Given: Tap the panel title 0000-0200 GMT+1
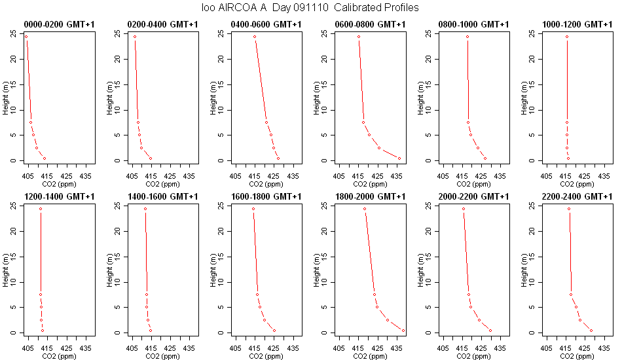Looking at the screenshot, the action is pyautogui.click(x=60, y=25).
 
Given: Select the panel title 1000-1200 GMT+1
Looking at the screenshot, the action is pyautogui.click(x=577, y=25).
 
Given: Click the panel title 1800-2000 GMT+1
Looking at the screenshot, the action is pyautogui.click(x=370, y=196).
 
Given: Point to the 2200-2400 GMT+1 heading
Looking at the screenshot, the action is pyautogui.click(x=577, y=196).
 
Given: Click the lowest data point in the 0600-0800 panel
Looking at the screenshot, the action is pyautogui.click(x=399, y=158).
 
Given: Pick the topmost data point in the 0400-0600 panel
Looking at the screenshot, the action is pyautogui.click(x=255, y=37).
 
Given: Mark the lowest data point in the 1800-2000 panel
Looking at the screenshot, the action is pyautogui.click(x=403, y=331).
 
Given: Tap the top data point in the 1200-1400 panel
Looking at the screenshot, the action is pyautogui.click(x=41, y=209).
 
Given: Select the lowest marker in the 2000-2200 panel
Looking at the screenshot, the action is pyautogui.click(x=490, y=331).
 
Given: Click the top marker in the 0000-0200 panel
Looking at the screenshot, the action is pyautogui.click(x=26, y=37).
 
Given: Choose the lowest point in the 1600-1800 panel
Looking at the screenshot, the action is pyautogui.click(x=274, y=331).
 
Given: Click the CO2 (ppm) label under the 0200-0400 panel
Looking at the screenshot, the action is pyautogui.click(x=162, y=184).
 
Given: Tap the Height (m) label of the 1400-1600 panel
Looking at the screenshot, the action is pyautogui.click(x=109, y=270).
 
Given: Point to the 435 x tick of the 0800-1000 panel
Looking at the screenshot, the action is pyautogui.click(x=500, y=176).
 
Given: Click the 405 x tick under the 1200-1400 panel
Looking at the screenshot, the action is pyautogui.click(x=28, y=348).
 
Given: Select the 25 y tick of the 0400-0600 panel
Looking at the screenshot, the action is pyautogui.click(x=221, y=33).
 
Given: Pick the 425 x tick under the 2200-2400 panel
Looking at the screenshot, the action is pyautogui.click(x=584, y=348).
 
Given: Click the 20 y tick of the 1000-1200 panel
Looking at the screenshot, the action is pyautogui.click(x=532, y=59).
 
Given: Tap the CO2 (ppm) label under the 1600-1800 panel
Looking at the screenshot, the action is pyautogui.click(x=266, y=356).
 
